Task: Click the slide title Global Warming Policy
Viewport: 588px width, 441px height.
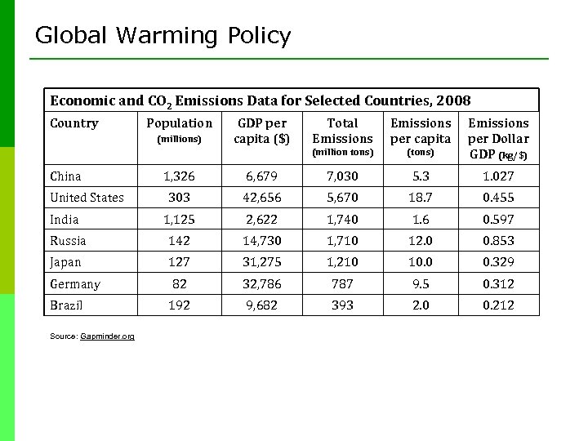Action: (163, 36)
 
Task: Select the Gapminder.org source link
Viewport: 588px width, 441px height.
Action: (107, 336)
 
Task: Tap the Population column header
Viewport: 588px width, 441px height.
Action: (179, 123)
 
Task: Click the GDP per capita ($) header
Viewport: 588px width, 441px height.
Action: (261, 131)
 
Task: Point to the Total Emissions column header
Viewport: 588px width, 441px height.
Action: (342, 131)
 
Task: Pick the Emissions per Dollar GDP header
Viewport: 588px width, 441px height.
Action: (498, 139)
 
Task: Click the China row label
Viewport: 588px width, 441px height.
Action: (65, 176)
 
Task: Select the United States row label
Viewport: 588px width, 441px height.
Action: (87, 198)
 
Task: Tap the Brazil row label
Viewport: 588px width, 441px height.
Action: (66, 305)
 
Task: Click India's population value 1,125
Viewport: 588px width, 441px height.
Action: (179, 219)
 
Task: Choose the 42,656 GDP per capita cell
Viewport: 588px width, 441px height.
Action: (261, 198)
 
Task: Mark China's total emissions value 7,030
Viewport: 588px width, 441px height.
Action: (342, 176)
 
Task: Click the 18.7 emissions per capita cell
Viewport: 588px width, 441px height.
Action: (421, 198)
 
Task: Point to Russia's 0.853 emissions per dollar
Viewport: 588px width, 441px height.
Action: (498, 241)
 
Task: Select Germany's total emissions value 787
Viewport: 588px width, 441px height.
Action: (342, 284)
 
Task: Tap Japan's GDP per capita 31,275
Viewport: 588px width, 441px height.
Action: (261, 262)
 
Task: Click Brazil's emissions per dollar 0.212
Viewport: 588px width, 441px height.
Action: (498, 305)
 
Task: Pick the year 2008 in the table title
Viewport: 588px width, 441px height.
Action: (453, 100)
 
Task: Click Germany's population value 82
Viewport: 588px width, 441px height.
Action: (179, 284)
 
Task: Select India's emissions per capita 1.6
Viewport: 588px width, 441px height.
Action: (421, 219)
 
